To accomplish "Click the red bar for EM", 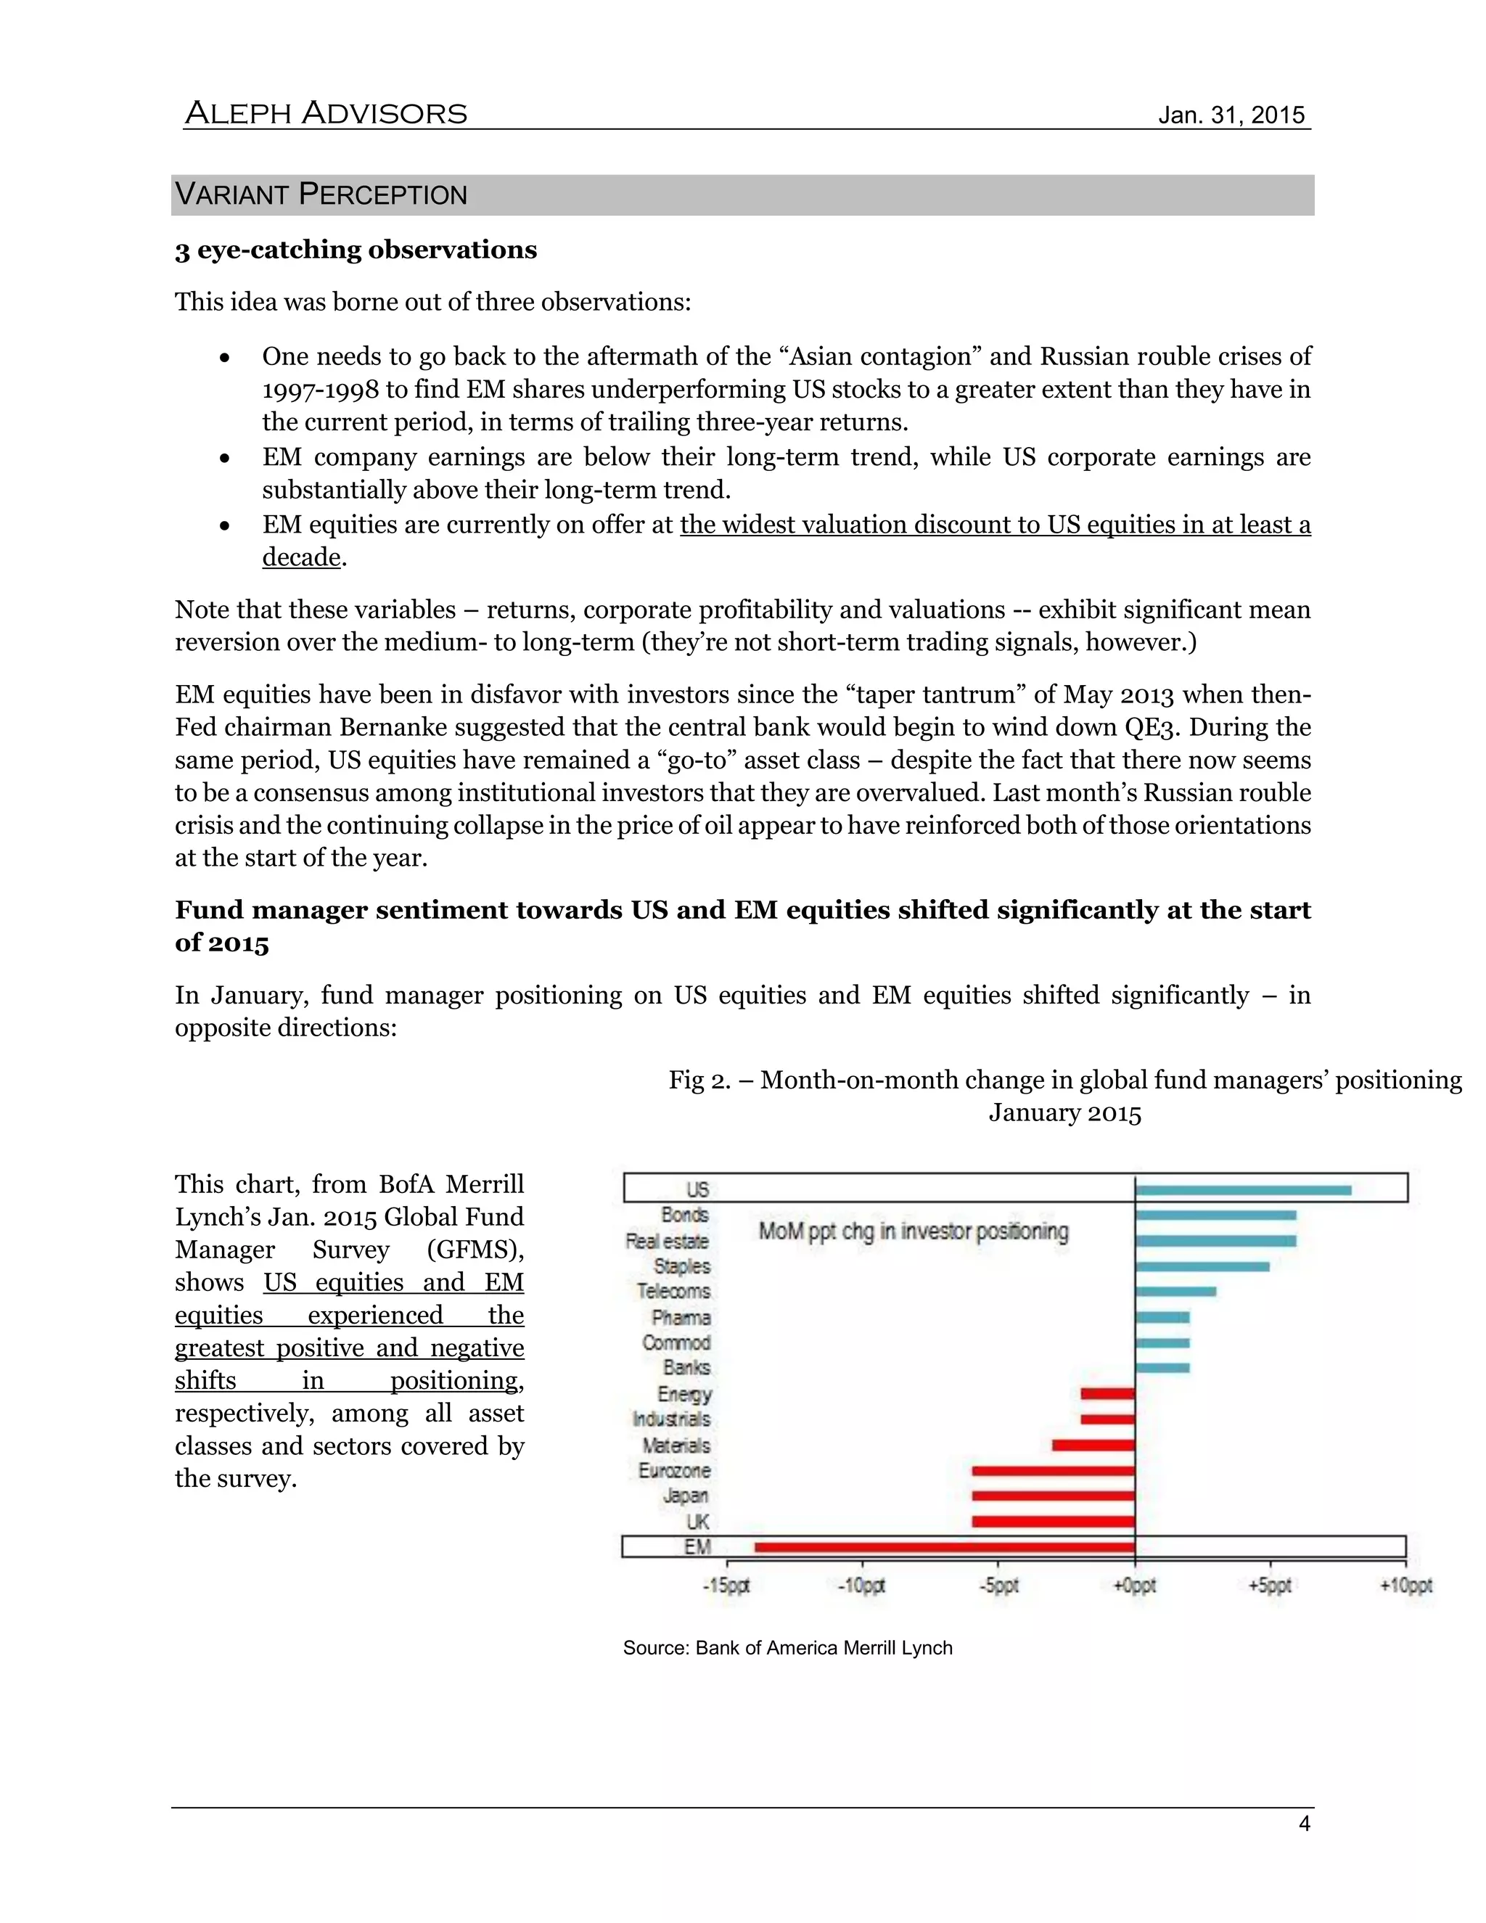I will pos(945,1547).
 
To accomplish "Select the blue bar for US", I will pos(1242,1190).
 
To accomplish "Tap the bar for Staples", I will pos(1202,1266).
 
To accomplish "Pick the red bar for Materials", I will pos(1093,1445).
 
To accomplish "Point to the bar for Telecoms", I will pos(1175,1292).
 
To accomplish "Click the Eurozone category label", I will pos(674,1470).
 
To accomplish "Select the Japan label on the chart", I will pos(686,1496).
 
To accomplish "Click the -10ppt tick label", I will pos(861,1586).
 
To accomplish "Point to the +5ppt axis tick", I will pos(1270,1586).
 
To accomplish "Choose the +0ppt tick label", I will pos(1135,1586).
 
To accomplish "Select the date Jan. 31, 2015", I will pos(1231,115).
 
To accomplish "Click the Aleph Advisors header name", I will pos(326,114).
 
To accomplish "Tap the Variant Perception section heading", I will pos(321,194).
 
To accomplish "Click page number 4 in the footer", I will pos(1304,1824).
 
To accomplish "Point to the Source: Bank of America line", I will pos(787,1648).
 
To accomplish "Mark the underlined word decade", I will pos(301,557).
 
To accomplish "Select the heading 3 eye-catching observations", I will pos(356,250).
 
